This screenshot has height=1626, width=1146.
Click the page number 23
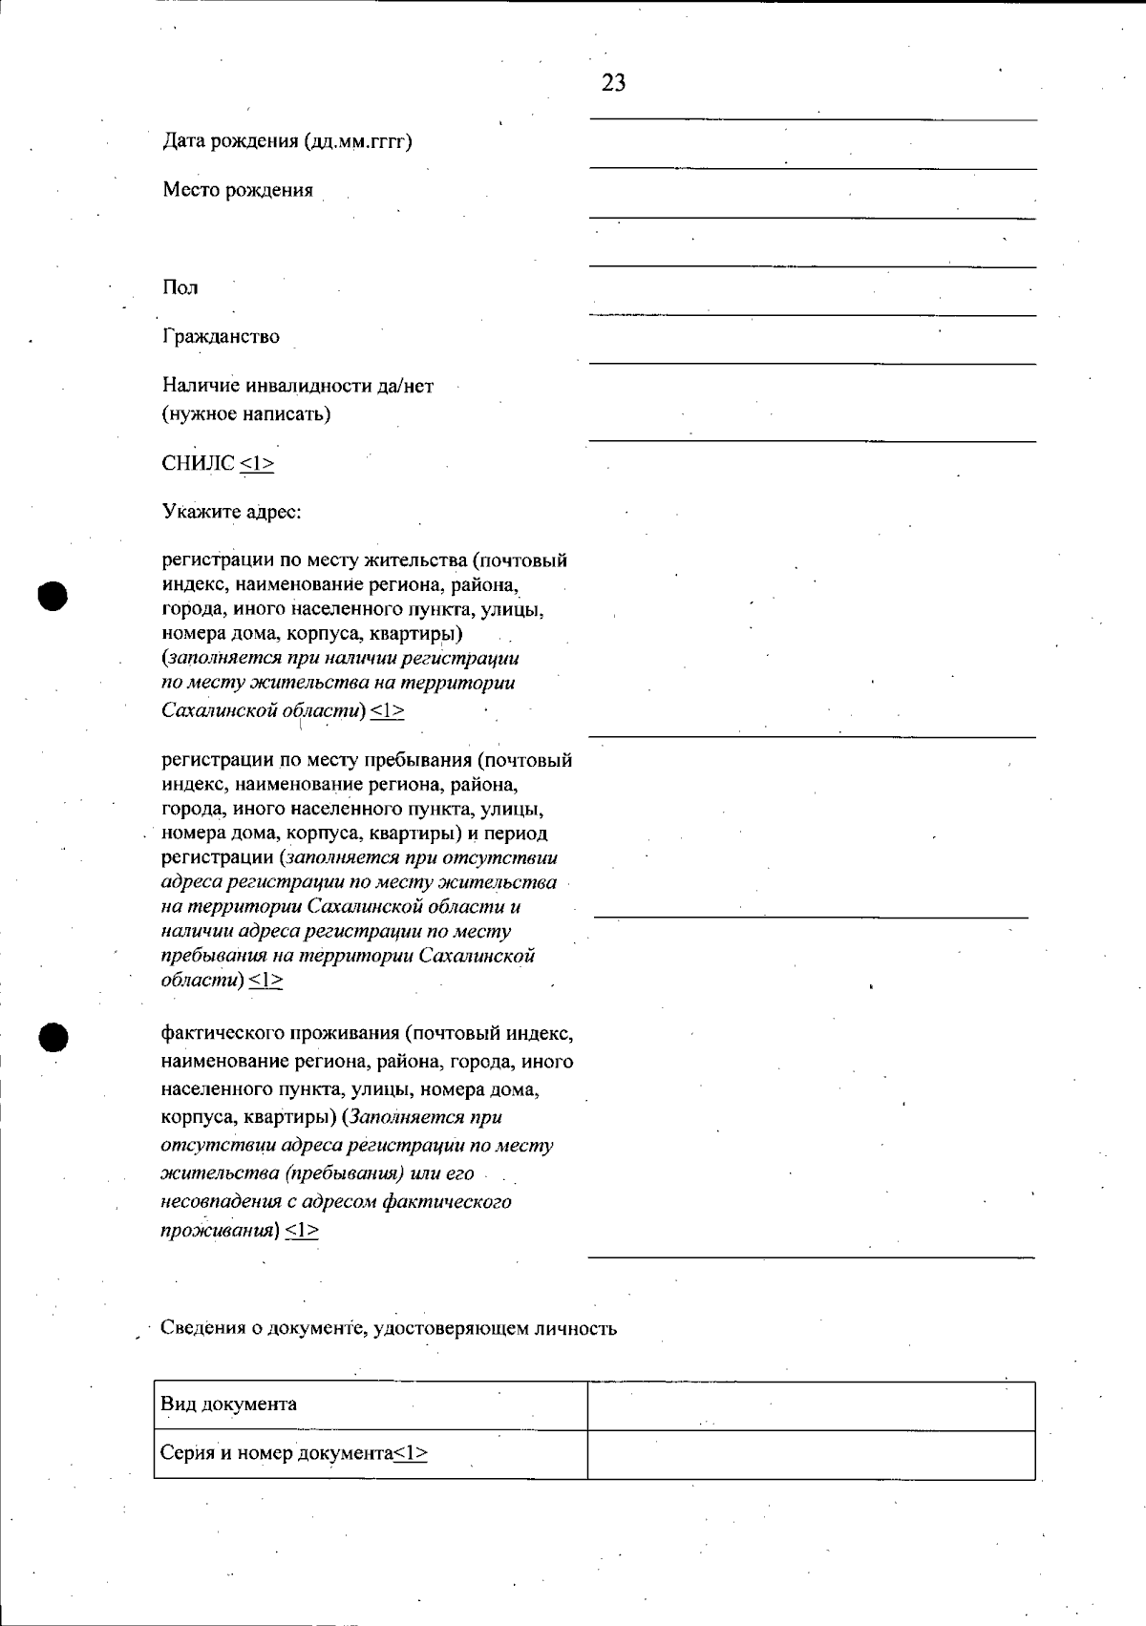pyautogui.click(x=613, y=83)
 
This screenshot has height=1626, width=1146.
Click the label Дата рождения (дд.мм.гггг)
pyautogui.click(x=286, y=141)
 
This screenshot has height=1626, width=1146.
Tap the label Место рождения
pyautogui.click(x=237, y=190)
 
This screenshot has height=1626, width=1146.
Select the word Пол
pyautogui.click(x=180, y=287)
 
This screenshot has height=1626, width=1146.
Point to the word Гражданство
pyautogui.click(x=221, y=336)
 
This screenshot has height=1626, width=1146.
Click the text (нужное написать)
pyautogui.click(x=246, y=413)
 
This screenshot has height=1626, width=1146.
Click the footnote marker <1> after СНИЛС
pyautogui.click(x=257, y=463)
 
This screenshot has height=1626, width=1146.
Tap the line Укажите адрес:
pyautogui.click(x=231, y=512)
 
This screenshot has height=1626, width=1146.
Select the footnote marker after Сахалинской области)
pyautogui.click(x=387, y=710)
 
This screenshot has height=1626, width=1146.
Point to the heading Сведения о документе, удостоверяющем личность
pyautogui.click(x=388, y=1328)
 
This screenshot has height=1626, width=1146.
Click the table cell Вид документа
pyautogui.click(x=228, y=1404)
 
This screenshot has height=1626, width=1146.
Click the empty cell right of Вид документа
pyautogui.click(x=811, y=1405)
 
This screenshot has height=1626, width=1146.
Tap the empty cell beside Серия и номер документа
pyautogui.click(x=811, y=1454)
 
